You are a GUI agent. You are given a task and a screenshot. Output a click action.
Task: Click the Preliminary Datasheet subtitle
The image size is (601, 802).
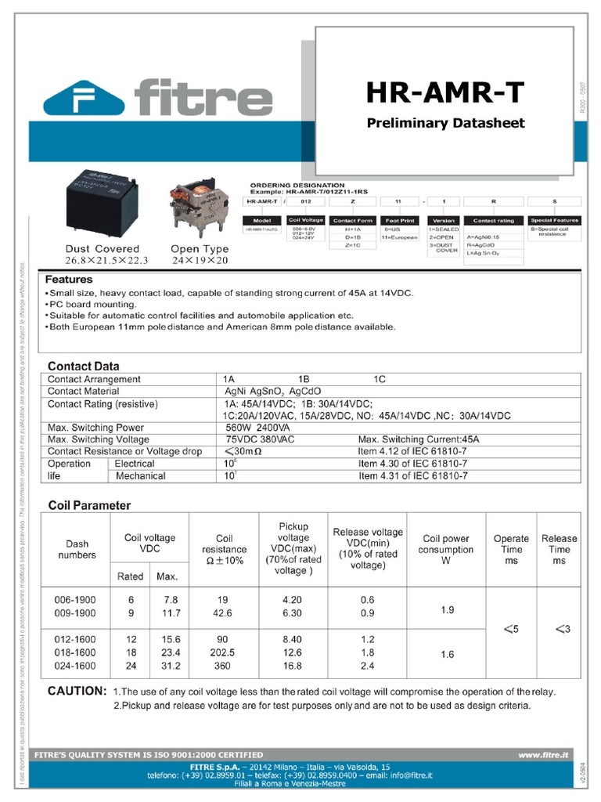[x=446, y=123]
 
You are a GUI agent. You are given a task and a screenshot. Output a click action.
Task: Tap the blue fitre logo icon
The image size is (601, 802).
[x=85, y=99]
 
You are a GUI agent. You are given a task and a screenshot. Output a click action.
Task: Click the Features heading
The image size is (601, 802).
[x=69, y=280]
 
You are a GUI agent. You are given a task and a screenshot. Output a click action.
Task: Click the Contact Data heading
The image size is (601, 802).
[x=84, y=366]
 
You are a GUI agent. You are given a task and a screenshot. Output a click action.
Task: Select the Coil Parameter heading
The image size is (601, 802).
[x=89, y=505]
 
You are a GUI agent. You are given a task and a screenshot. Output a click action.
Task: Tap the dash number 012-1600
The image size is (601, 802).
[x=75, y=639]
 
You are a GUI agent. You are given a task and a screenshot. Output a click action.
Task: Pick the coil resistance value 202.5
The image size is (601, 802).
[x=224, y=652]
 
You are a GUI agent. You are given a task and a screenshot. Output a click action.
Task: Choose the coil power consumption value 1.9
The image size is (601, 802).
[x=447, y=609]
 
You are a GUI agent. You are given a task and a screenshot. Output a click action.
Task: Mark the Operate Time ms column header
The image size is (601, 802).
[x=511, y=550]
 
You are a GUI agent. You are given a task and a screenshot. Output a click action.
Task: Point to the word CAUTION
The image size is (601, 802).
[x=77, y=692]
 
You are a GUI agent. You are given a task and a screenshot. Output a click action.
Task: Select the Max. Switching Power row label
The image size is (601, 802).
[x=95, y=428]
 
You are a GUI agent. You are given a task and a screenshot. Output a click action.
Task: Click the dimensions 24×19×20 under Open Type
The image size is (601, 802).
[x=200, y=260]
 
